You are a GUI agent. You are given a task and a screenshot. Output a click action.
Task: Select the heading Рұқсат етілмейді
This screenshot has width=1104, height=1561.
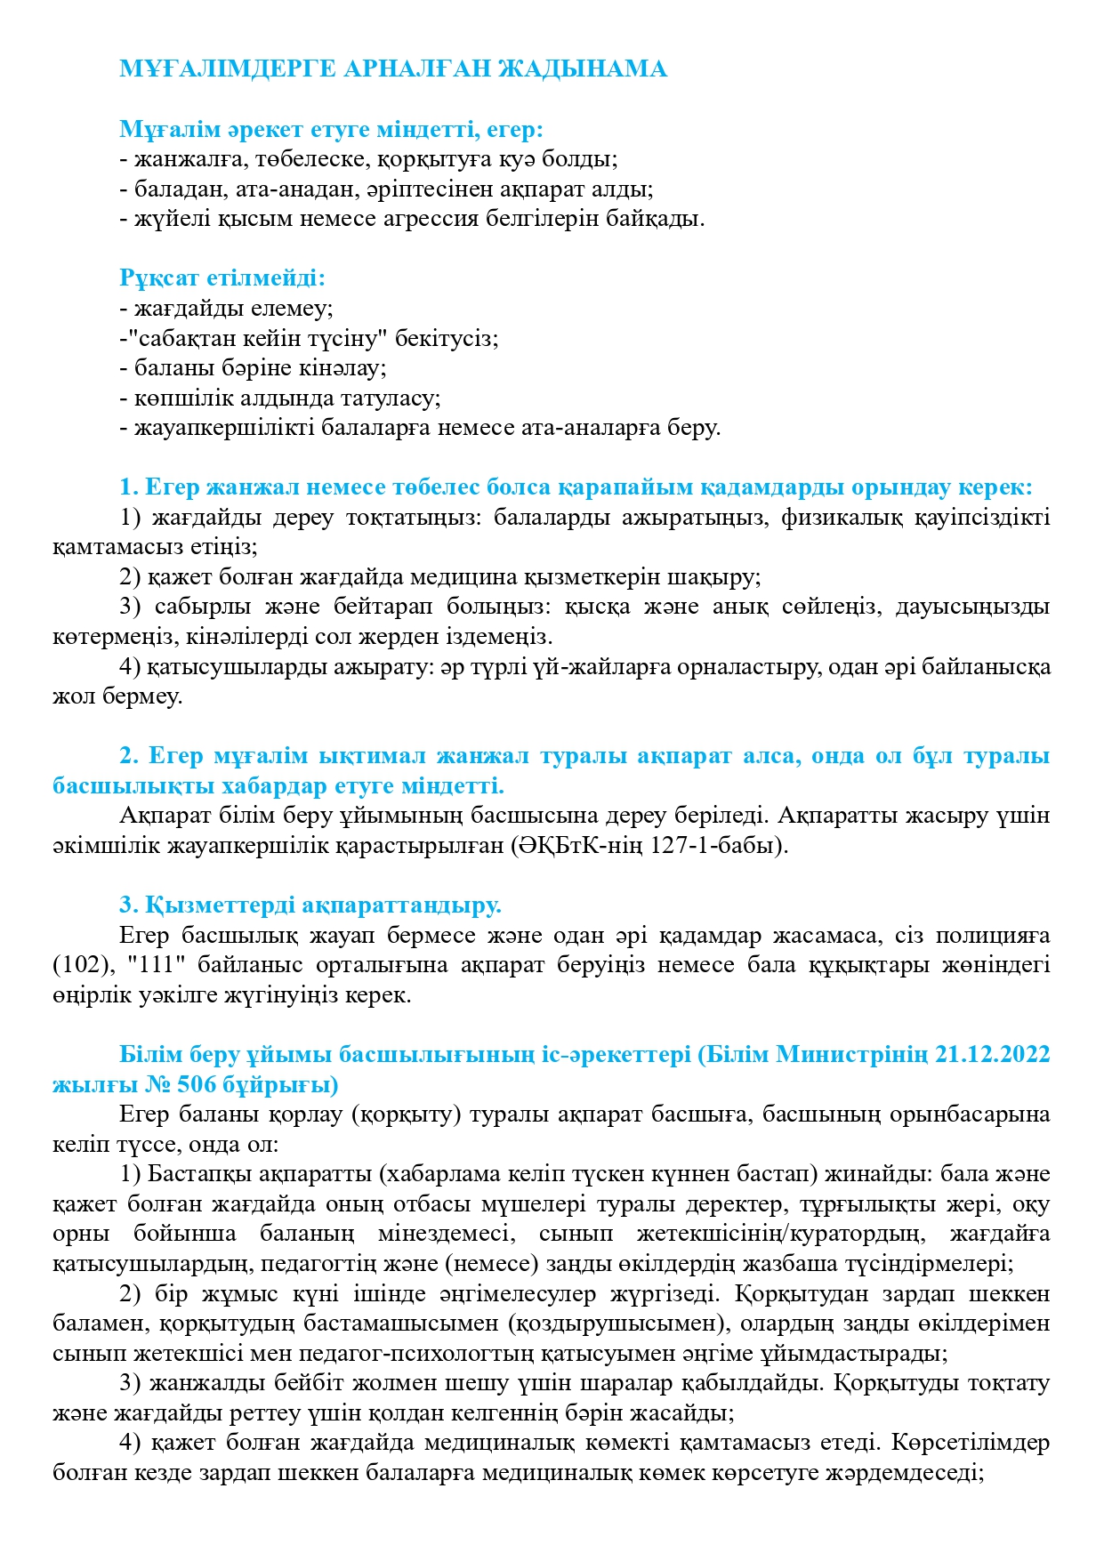pos(222,278)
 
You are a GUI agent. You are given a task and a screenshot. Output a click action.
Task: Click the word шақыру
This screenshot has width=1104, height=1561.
pos(721,576)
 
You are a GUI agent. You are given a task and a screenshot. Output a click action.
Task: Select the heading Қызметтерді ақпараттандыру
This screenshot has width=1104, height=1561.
pos(310,905)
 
